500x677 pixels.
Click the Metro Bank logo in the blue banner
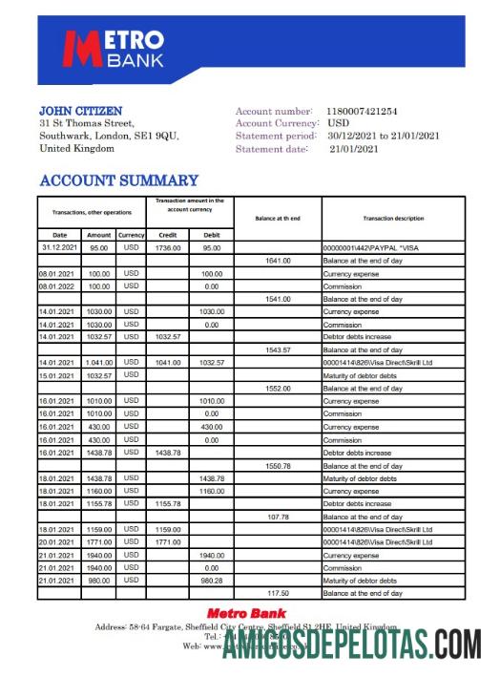[x=113, y=50]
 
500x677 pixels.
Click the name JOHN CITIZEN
[x=80, y=111]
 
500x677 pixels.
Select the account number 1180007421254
[x=375, y=112]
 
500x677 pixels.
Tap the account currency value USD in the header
[x=338, y=124]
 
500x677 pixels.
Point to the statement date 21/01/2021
[x=354, y=148]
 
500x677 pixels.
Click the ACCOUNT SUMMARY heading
[x=118, y=180]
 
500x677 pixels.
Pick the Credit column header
[x=167, y=234]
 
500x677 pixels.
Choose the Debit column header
[x=211, y=234]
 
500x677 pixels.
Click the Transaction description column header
[x=393, y=219]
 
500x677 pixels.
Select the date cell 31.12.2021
[x=59, y=247]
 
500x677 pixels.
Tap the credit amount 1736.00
[x=168, y=247]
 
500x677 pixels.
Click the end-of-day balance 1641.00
[x=278, y=261]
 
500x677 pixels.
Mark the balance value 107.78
[x=278, y=517]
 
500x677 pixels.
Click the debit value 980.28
[x=211, y=581]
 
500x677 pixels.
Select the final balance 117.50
[x=278, y=593]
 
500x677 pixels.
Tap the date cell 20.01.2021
[x=57, y=541]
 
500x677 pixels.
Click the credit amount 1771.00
[x=168, y=541]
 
